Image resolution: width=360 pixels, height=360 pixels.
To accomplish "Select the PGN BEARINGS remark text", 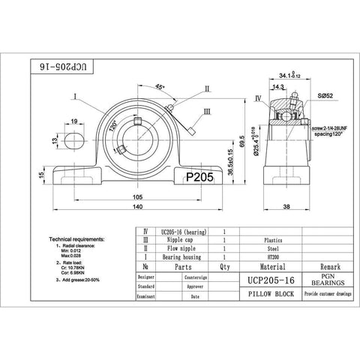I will tap(313, 279).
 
